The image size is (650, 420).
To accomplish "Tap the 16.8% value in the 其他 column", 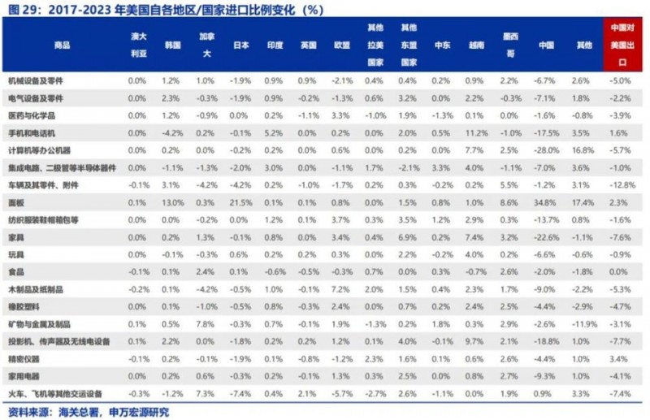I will click(581, 149).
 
